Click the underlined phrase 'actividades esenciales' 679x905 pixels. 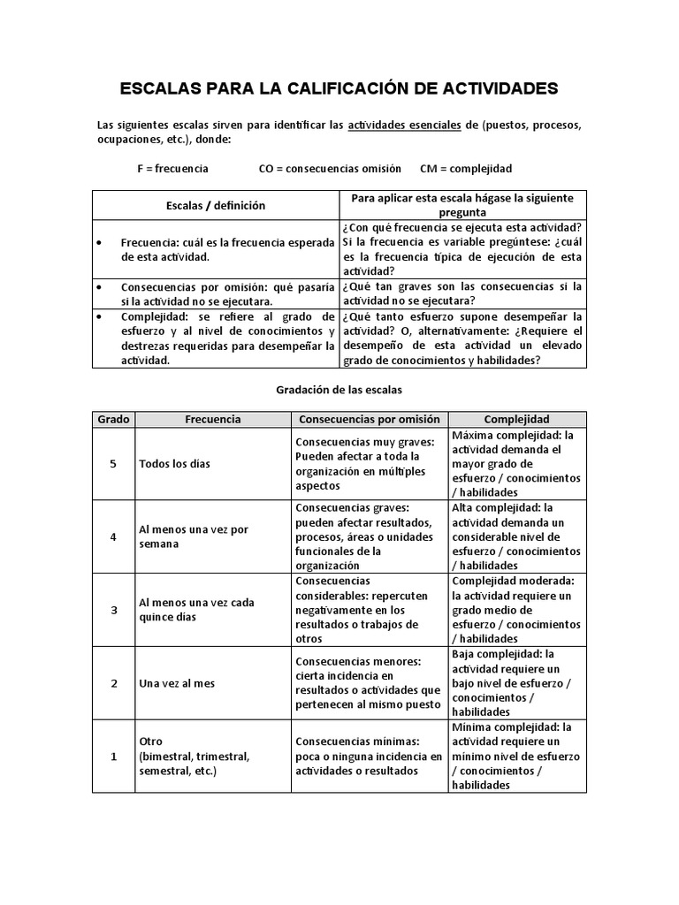point(404,125)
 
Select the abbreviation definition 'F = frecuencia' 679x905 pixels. point(173,168)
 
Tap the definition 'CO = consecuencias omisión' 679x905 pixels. point(329,168)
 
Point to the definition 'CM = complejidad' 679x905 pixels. point(466,168)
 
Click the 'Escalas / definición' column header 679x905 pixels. point(216,205)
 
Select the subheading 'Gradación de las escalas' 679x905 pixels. point(339,388)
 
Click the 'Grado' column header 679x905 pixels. point(113,419)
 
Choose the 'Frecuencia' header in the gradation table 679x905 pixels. point(212,419)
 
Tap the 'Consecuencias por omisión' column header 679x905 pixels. point(370,419)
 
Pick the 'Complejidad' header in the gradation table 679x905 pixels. point(517,419)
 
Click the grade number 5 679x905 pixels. point(113,464)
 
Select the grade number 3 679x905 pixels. point(113,610)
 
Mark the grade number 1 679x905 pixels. point(113,757)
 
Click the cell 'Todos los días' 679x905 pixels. point(174,464)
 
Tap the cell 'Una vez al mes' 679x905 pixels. point(177,683)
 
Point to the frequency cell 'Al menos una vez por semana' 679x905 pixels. point(194,536)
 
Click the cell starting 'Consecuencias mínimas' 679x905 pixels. point(369,757)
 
